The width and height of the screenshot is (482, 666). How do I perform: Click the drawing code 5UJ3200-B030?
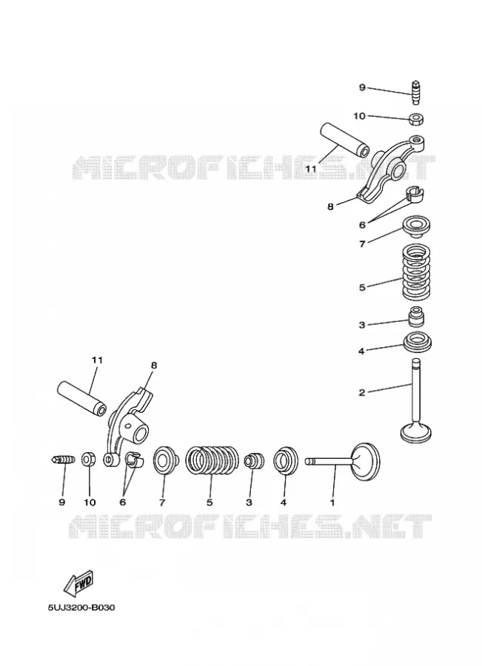pyautogui.click(x=81, y=608)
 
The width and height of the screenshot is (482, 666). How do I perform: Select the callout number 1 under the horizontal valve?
pyautogui.click(x=332, y=502)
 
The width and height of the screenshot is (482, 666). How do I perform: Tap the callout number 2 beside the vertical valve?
pyautogui.click(x=362, y=392)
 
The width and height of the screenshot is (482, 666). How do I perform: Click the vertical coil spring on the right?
pyautogui.click(x=417, y=271)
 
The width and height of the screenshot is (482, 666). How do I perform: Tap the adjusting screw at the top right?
pyautogui.click(x=417, y=92)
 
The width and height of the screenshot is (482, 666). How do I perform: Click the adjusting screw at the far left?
pyautogui.click(x=64, y=460)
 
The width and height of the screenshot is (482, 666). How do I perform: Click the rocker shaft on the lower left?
pyautogui.click(x=82, y=399)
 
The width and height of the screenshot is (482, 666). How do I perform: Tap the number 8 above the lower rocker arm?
pyautogui.click(x=154, y=366)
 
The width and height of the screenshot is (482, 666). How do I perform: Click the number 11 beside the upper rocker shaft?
pyautogui.click(x=311, y=169)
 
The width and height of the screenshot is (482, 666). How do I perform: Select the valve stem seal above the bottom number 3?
pyautogui.click(x=254, y=461)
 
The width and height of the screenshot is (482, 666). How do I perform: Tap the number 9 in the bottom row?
pyautogui.click(x=62, y=502)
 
